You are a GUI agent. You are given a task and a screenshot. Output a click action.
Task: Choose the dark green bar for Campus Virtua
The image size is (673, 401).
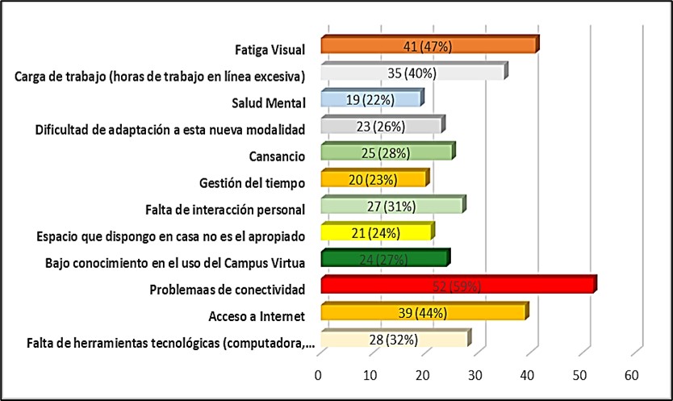[x=384, y=259]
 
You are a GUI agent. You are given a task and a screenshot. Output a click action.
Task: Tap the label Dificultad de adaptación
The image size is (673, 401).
[x=169, y=129]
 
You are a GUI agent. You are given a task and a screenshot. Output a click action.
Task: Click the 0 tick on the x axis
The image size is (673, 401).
[x=318, y=375]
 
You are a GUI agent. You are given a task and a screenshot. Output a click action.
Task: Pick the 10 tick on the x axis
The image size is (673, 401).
[x=370, y=375]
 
